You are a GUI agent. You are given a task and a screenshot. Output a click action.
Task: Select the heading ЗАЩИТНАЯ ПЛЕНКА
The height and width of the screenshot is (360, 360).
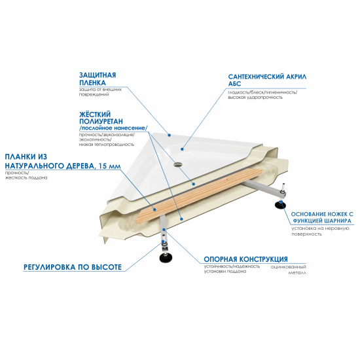click(x=97, y=79)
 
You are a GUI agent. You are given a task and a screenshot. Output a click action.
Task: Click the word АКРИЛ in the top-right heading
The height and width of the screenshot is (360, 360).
click(x=292, y=76)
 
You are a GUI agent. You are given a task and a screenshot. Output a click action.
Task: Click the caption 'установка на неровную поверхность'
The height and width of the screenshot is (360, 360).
click(x=320, y=231)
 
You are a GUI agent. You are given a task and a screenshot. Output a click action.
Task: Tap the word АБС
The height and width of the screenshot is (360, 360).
click(x=234, y=84)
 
